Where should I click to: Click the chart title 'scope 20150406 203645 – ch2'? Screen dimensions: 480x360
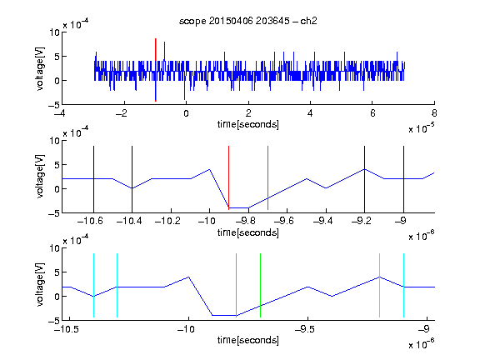click(248, 21)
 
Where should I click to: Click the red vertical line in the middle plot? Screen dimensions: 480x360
click(228, 177)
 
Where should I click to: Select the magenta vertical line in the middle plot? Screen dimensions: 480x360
click(267, 177)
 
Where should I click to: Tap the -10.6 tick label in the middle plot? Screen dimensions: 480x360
click(90, 221)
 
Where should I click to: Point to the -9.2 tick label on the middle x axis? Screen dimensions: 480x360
click(361, 221)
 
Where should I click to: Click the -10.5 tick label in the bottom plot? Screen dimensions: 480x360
click(67, 329)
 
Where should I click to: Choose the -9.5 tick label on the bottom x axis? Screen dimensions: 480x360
click(306, 329)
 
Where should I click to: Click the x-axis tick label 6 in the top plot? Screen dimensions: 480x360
click(372, 113)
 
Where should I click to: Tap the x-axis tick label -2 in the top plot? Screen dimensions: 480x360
click(122, 113)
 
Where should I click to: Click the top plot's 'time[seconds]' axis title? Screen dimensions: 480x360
click(248, 124)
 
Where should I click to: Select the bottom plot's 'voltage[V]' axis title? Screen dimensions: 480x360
click(40, 284)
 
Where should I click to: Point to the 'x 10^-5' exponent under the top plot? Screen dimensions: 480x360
click(422, 128)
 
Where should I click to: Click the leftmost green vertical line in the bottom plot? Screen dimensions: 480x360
click(237, 284)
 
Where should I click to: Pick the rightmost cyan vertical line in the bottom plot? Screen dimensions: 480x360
click(404, 285)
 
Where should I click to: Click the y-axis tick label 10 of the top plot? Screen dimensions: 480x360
click(55, 32)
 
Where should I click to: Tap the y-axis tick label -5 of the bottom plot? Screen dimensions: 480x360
click(53, 321)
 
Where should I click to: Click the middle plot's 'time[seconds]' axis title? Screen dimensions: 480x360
click(248, 232)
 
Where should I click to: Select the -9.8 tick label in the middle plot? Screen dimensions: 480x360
click(246, 221)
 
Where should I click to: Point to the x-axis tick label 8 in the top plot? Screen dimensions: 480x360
click(434, 113)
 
